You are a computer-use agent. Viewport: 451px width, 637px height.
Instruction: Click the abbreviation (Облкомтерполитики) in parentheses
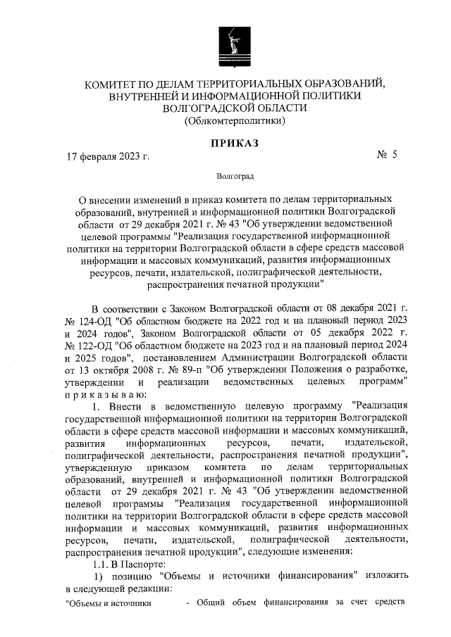coord(235,121)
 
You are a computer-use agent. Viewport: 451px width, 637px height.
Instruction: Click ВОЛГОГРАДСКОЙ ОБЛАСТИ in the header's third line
coord(235,108)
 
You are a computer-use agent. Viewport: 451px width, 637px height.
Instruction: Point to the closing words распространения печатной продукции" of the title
coord(235,284)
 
